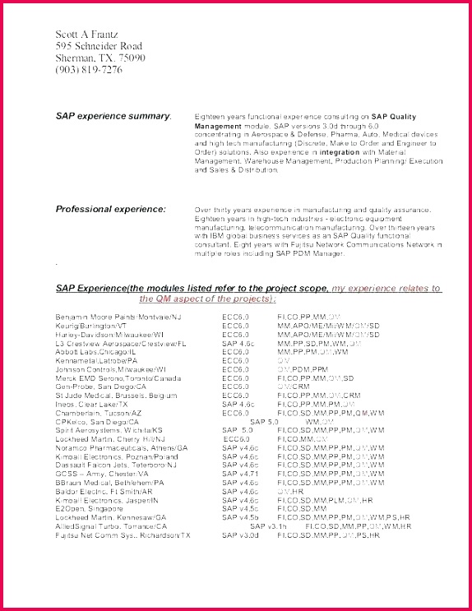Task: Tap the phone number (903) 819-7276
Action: point(89,70)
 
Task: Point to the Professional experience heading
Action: point(111,209)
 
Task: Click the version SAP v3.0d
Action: point(240,535)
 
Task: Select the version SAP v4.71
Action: point(240,474)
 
